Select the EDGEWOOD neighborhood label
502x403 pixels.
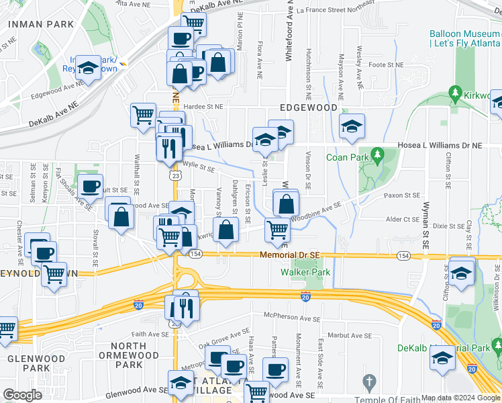pos(308,107)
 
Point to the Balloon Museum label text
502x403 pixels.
pos(464,33)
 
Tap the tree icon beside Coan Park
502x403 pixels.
pos(376,156)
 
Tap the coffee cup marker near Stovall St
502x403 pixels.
pos(91,186)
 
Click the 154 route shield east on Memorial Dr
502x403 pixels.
pos(403,256)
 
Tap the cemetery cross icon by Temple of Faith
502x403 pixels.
pos(368,382)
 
